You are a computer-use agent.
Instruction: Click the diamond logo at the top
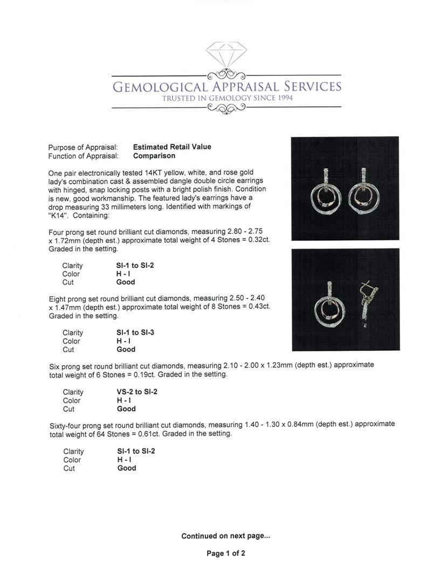pos(226,55)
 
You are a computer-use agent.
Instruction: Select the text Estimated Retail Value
pos(172,147)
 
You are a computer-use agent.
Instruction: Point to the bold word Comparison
pos(154,156)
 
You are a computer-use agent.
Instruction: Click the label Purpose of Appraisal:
pos(83,147)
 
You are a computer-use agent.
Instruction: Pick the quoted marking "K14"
pos(58,216)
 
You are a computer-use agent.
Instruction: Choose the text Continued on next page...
pos(225,536)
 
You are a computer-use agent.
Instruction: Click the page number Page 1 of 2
pos(225,553)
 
